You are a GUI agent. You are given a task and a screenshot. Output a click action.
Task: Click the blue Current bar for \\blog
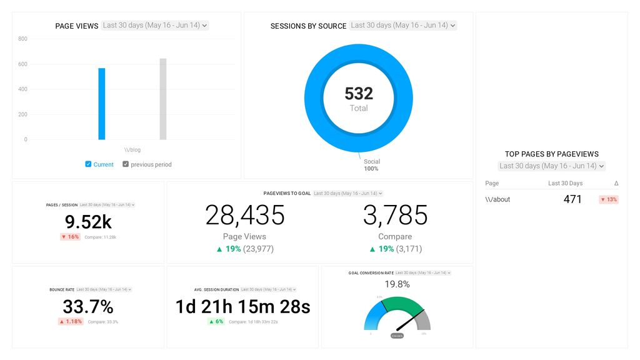101,104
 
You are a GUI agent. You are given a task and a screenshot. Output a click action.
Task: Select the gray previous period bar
162,99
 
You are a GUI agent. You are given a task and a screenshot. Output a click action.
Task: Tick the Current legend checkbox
88,164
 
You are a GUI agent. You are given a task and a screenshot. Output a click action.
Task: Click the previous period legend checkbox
126,164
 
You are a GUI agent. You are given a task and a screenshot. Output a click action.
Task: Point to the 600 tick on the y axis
22,64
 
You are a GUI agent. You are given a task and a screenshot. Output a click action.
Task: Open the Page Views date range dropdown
155,26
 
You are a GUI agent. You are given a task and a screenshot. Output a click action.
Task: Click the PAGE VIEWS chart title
77,26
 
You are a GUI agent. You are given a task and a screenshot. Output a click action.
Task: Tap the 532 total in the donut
359,94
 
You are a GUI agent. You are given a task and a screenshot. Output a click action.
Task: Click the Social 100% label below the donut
372,165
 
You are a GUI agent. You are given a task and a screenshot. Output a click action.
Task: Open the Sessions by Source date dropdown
403,26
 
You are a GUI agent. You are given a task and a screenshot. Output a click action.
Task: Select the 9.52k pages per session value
88,222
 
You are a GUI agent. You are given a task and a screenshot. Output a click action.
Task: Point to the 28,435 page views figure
245,215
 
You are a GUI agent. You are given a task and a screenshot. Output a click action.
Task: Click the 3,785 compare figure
395,215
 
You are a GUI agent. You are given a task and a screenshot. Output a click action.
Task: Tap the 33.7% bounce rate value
88,307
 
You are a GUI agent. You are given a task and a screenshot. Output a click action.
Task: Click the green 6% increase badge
216,321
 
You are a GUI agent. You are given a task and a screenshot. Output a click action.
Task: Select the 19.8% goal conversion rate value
397,284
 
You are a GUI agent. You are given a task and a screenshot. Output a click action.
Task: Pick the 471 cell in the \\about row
572,199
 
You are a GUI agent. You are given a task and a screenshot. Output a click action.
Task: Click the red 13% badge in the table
608,199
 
